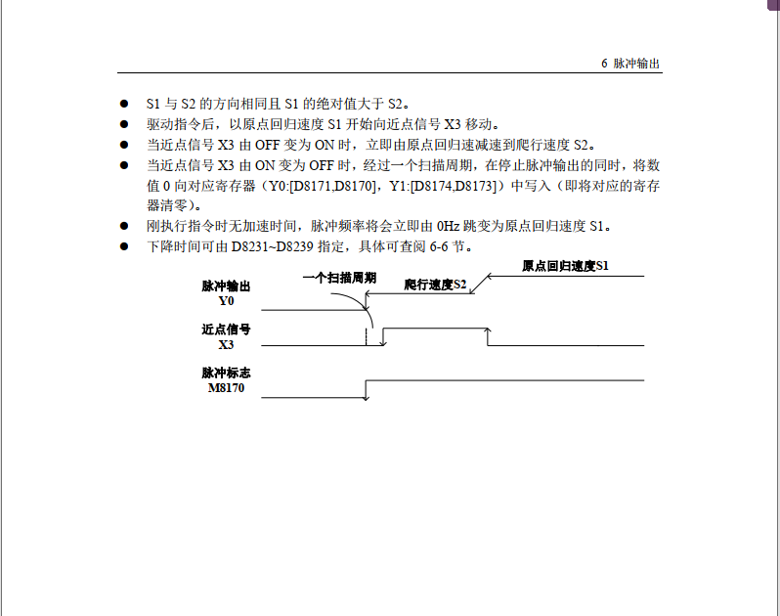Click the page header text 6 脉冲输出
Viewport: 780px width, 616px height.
(x=630, y=63)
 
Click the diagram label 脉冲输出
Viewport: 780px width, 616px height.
(x=226, y=286)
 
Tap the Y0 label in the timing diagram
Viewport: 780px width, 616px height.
(x=226, y=301)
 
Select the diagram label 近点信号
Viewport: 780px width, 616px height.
(x=226, y=330)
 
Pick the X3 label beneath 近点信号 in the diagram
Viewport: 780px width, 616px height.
(x=226, y=344)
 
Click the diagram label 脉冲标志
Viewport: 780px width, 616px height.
(x=226, y=374)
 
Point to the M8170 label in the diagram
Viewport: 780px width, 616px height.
(x=226, y=388)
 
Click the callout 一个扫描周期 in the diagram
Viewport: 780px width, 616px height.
(x=339, y=278)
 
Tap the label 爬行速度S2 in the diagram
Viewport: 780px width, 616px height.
(x=436, y=285)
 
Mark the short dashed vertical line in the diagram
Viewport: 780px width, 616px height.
(x=367, y=337)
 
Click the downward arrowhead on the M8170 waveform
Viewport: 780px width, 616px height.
(x=367, y=395)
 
